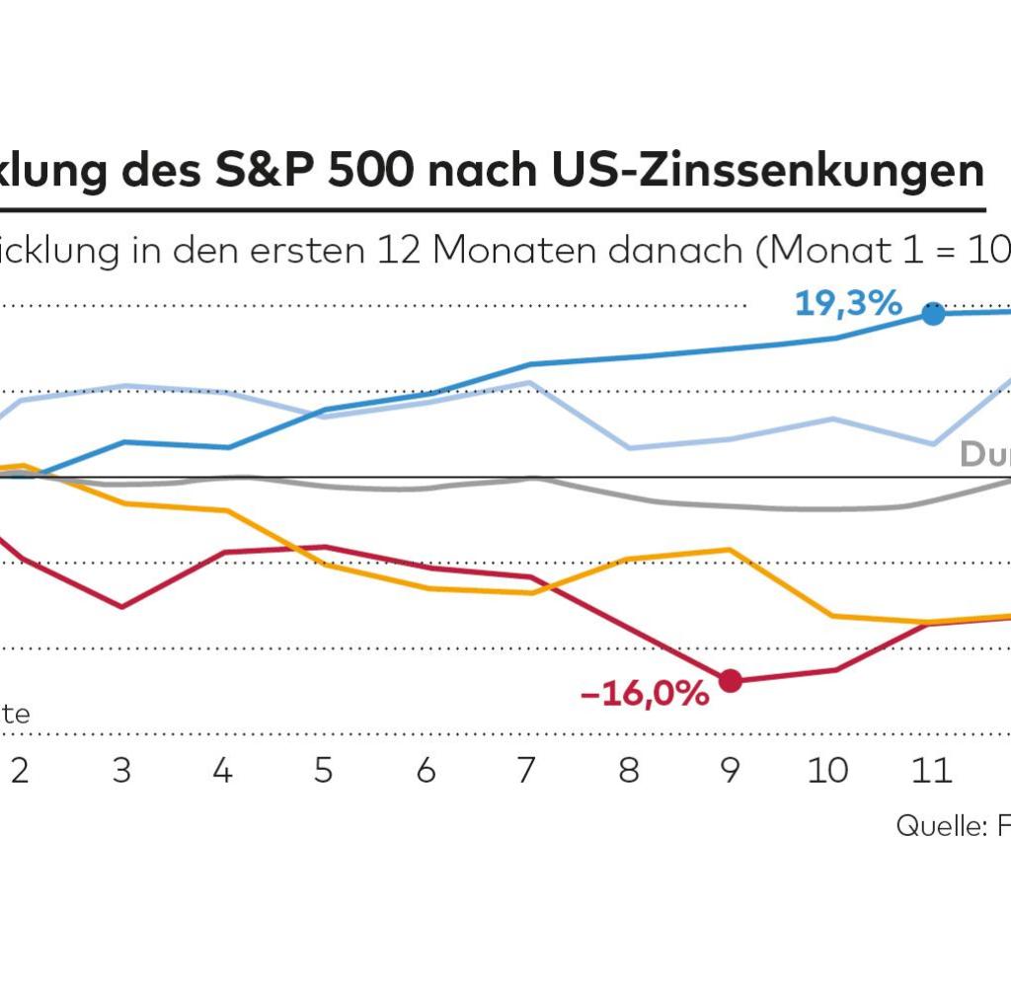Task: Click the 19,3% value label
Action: [x=848, y=304]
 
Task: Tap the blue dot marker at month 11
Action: [x=933, y=314]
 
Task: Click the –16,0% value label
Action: [x=645, y=695]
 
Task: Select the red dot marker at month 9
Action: [x=731, y=680]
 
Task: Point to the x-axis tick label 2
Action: [x=20, y=771]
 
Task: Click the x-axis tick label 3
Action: [x=121, y=771]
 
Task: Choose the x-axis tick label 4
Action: [x=222, y=771]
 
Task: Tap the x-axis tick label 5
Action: [x=324, y=771]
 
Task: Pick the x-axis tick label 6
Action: [x=426, y=771]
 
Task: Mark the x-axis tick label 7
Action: [x=527, y=771]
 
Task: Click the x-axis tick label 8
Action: [x=629, y=771]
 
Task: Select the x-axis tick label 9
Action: [x=730, y=771]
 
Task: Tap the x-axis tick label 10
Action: [x=827, y=771]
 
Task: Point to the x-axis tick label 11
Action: [x=931, y=771]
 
